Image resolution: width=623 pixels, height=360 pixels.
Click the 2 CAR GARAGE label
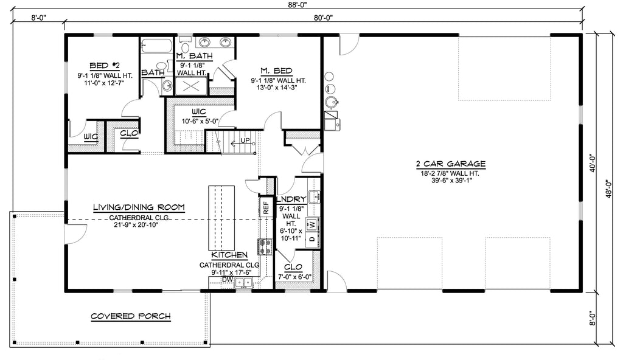[x=450, y=164]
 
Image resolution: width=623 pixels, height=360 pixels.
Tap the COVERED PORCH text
[x=130, y=316]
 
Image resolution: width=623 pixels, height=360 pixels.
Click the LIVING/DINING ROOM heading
[x=139, y=207]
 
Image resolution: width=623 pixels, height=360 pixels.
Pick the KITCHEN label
[x=229, y=255]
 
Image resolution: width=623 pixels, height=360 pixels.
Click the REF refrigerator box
[x=265, y=207]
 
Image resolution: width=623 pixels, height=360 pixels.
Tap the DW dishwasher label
[x=227, y=280]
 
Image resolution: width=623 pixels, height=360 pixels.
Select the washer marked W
[x=311, y=224]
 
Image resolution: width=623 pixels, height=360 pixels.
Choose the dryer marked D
[x=311, y=238]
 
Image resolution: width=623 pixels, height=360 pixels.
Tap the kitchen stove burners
[x=266, y=246]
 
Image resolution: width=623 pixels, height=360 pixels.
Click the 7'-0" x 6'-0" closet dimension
[x=294, y=277]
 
